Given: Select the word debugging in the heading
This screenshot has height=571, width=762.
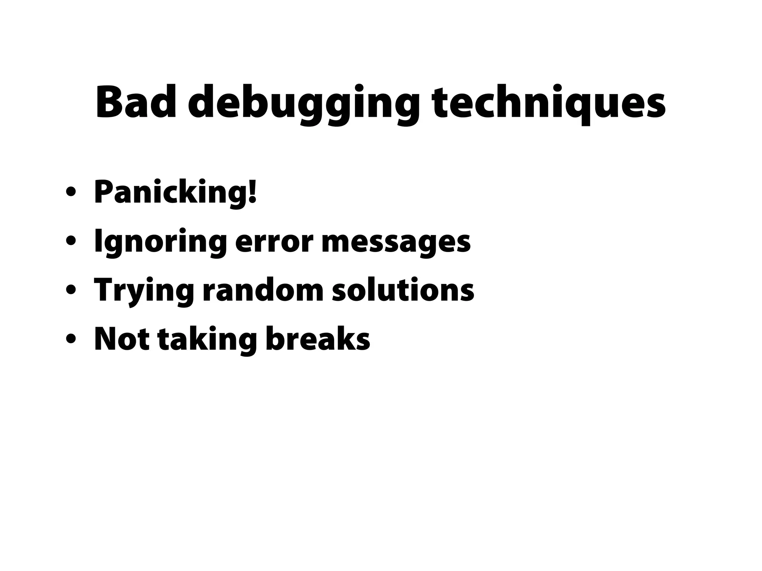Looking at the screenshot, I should [304, 104].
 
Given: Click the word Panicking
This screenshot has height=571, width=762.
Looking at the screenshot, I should [171, 193].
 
